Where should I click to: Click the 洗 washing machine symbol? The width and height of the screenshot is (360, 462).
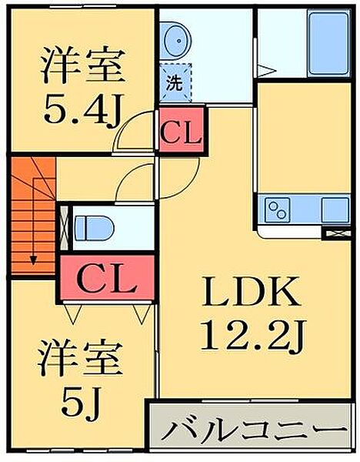(175, 83)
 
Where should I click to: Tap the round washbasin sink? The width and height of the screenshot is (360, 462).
(176, 41)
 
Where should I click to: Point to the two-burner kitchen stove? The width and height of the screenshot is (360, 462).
(278, 209)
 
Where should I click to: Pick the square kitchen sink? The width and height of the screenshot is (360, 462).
(335, 209)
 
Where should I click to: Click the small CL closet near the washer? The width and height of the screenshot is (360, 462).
(181, 131)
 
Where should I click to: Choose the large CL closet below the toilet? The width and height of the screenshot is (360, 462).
(107, 278)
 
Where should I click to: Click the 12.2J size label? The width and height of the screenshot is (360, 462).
(253, 335)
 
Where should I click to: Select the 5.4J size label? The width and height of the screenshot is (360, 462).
(82, 109)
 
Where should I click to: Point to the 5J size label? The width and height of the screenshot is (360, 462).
(81, 401)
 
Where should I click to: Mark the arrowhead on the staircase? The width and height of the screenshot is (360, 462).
(33, 260)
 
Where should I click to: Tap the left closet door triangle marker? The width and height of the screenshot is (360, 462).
(73, 314)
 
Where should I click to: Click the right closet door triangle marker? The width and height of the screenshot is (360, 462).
(142, 313)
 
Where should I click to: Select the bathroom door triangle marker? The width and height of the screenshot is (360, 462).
(266, 71)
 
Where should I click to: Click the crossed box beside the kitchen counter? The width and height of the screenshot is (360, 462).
(336, 233)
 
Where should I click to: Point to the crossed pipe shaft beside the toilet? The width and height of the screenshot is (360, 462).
(65, 228)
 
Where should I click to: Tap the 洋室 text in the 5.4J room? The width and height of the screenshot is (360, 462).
(83, 65)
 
